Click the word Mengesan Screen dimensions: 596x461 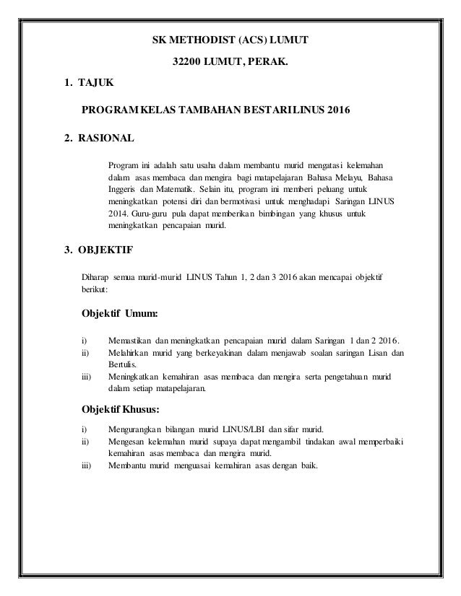126,441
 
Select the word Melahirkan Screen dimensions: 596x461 130,353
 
